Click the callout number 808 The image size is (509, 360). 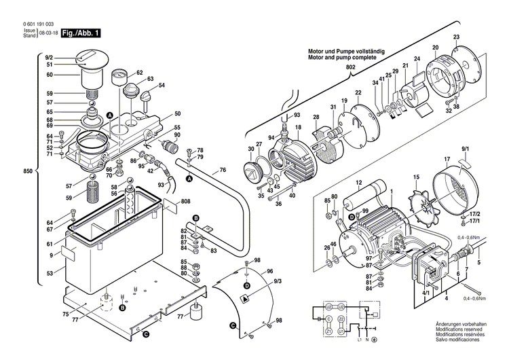185,202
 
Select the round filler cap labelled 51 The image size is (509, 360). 91,65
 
